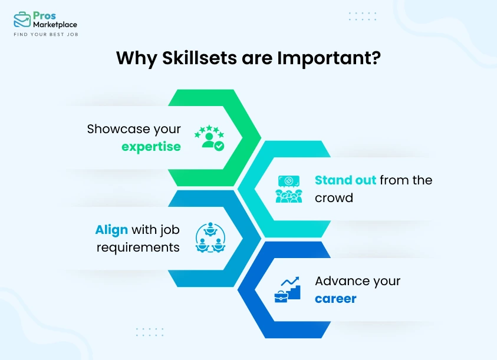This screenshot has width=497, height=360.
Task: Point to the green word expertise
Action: click(x=151, y=147)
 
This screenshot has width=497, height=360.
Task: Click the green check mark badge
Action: click(x=219, y=145)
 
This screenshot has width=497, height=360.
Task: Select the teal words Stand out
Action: click(x=345, y=180)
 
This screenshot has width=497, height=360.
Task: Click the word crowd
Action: click(x=334, y=197)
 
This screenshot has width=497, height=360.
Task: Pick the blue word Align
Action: click(x=111, y=230)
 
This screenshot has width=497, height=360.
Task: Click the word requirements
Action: click(x=138, y=247)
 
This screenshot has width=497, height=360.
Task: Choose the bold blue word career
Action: click(x=335, y=299)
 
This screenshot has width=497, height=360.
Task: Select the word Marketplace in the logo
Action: click(x=55, y=25)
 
